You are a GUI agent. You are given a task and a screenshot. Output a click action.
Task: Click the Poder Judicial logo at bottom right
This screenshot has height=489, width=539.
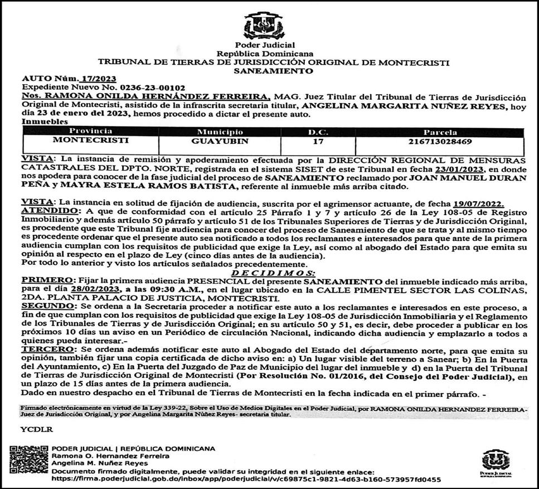pyautogui.click(x=495, y=463)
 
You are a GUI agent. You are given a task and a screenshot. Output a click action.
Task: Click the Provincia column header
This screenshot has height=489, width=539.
pyautogui.click(x=90, y=132)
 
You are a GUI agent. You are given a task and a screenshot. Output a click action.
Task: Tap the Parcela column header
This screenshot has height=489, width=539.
pyautogui.click(x=440, y=132)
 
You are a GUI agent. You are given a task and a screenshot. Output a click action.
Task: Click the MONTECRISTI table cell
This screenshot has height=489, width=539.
pyautogui.click(x=90, y=141)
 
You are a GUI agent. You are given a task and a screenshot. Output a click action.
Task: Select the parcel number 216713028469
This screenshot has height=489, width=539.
pyautogui.click(x=440, y=142)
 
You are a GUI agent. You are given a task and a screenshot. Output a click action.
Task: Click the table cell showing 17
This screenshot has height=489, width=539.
pyautogui.click(x=318, y=141)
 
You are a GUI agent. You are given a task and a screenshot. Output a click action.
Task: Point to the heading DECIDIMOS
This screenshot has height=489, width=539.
pyautogui.click(x=273, y=273)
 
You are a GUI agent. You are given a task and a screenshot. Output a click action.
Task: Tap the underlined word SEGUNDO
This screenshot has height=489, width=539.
pyautogui.click(x=43, y=307)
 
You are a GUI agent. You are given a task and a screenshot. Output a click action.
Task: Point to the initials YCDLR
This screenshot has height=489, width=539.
pyautogui.click(x=35, y=429)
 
